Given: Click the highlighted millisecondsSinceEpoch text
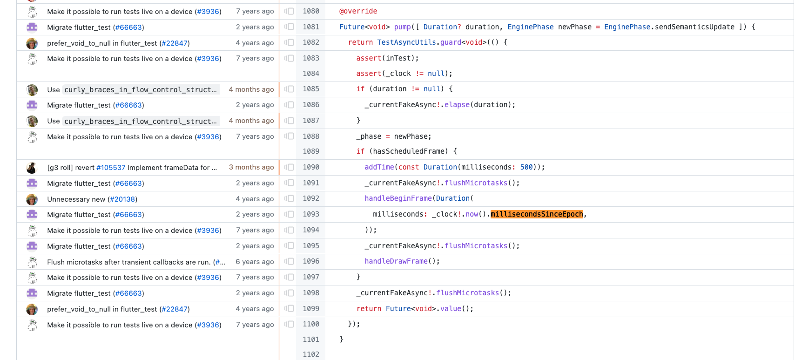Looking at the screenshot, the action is (537, 214).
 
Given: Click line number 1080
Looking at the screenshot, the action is (311, 11).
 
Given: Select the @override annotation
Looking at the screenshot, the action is (358, 11).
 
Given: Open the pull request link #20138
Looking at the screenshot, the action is (122, 199).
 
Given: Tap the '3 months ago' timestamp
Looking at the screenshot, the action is (251, 167).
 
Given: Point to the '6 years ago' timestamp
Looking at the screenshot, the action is (255, 262).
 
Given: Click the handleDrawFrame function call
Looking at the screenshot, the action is (396, 261).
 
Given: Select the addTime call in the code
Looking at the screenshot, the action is (379, 167).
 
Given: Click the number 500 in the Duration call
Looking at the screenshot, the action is (526, 167).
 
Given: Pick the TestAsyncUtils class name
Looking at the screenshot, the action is (406, 42).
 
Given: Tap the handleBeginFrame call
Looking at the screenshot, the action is (398, 198).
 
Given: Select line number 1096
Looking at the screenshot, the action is (311, 261).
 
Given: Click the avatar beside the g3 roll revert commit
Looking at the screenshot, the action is (32, 168).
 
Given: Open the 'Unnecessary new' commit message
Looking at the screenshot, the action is (77, 199).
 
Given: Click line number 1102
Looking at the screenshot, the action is (311, 354).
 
